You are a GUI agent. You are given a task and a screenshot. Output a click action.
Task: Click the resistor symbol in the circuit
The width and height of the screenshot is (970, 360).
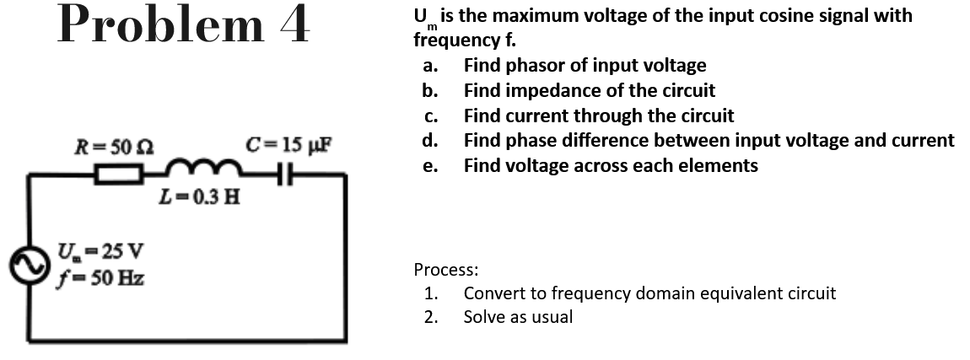coord(118,175)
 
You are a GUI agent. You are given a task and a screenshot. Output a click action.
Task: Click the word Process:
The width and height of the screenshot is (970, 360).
coord(445,270)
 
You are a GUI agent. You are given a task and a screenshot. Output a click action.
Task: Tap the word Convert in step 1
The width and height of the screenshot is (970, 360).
coord(493,293)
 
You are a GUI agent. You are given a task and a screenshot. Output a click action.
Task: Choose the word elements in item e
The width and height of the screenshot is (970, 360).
coord(723,165)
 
